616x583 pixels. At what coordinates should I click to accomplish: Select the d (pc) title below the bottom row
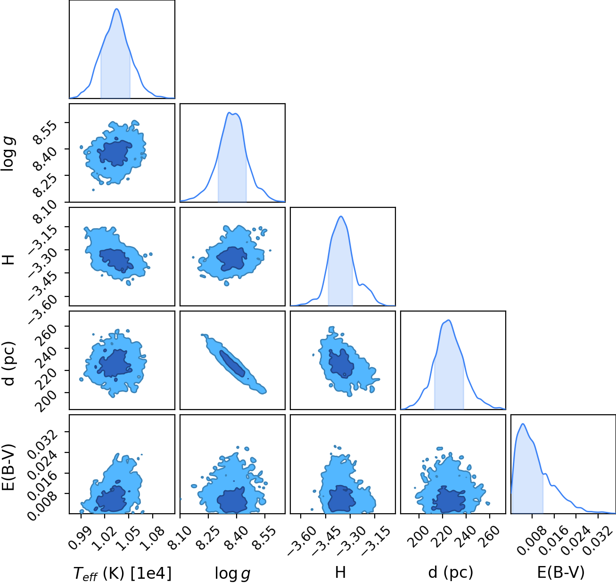pyautogui.click(x=451, y=573)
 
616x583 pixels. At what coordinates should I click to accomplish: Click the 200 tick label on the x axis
pyautogui.click(x=419, y=537)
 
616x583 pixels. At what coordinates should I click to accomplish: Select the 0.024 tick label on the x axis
pyautogui.click(x=575, y=541)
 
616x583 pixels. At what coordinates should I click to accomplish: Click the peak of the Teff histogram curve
pyautogui.click(x=117, y=9)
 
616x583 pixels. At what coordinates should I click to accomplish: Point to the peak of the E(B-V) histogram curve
pyautogui.click(x=523, y=424)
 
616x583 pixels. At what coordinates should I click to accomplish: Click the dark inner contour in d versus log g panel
pyautogui.click(x=232, y=363)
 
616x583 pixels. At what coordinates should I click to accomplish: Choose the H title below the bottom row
pyautogui.click(x=341, y=573)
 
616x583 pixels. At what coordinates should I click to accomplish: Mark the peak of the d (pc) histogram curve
pyautogui.click(x=449, y=320)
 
